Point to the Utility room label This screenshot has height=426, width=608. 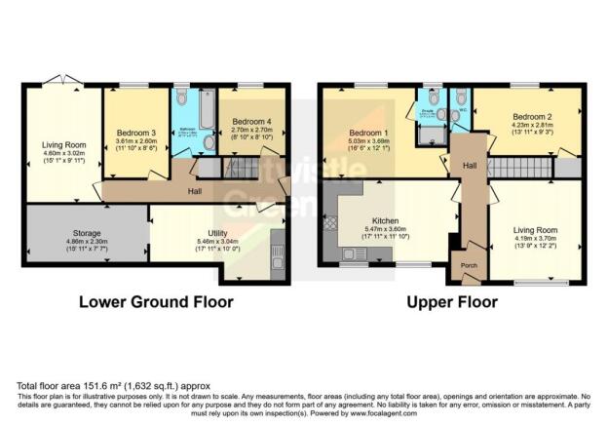(x=208, y=233)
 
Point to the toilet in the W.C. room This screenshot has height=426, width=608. (x=458, y=97)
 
